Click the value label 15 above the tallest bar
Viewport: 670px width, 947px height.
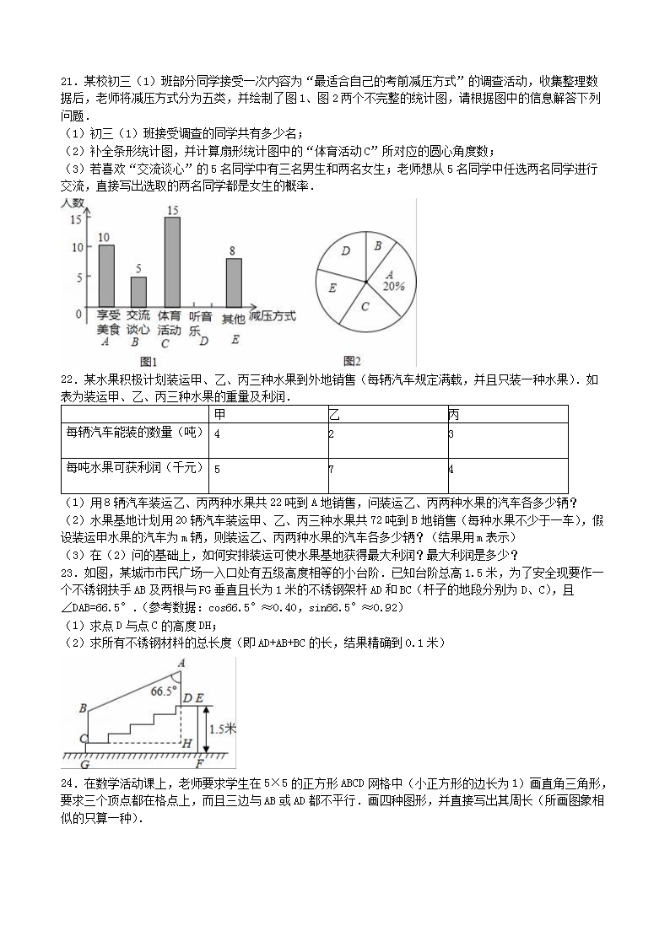tap(171, 210)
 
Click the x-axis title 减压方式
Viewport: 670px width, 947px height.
tap(273, 315)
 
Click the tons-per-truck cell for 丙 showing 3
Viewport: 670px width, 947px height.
tap(452, 433)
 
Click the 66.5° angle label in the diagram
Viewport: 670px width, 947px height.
tap(165, 691)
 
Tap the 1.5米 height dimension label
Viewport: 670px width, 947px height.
tap(222, 729)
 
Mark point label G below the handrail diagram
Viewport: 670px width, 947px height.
tap(84, 765)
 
